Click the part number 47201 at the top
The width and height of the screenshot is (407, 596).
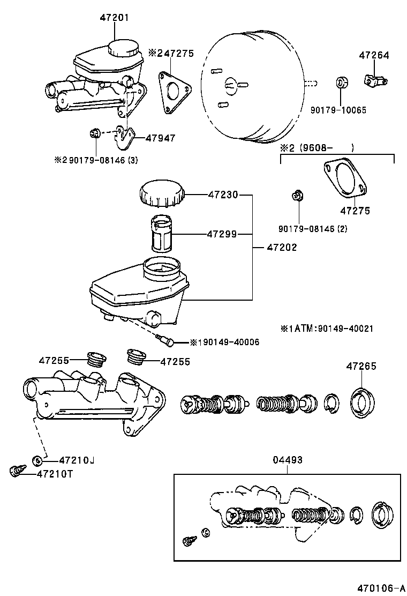(114, 18)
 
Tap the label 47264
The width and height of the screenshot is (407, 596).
(374, 55)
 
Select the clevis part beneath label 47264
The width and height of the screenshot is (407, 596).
(375, 80)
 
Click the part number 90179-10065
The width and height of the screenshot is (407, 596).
(338, 110)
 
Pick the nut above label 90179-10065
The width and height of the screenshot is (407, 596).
(341, 84)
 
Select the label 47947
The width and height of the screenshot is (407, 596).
(160, 138)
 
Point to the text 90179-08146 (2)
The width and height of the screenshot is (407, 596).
(313, 229)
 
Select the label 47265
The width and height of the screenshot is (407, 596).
(361, 367)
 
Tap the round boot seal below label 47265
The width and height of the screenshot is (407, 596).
(363, 402)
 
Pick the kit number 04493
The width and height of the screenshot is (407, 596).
(287, 460)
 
